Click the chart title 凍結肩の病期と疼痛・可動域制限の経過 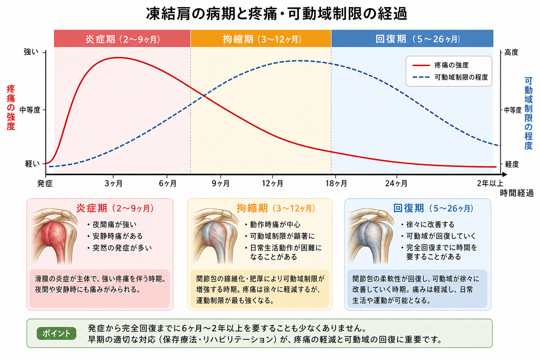click(x=277, y=14)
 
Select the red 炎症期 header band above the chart click(x=122, y=39)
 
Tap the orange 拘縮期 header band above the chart click(x=261, y=39)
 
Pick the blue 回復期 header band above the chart click(x=412, y=39)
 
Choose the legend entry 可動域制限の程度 click(x=450, y=77)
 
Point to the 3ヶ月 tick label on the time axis click(x=113, y=184)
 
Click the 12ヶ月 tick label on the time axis click(x=272, y=184)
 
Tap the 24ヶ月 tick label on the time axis click(x=396, y=184)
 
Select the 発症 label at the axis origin click(x=45, y=184)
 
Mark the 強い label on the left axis click(x=31, y=52)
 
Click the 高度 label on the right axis click(x=511, y=52)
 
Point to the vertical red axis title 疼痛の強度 click(x=11, y=108)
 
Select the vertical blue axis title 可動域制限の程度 click(x=528, y=113)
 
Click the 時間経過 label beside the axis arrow click(x=516, y=193)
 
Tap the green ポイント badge click(x=56, y=334)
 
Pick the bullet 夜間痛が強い click(x=112, y=225)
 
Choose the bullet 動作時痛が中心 click(x=273, y=225)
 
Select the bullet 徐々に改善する click(x=427, y=225)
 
